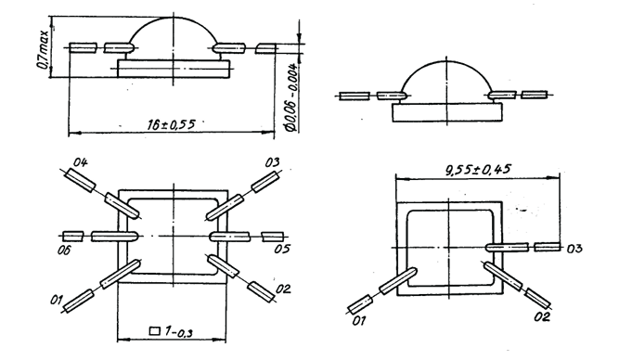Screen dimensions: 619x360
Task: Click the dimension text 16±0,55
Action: pos(172,124)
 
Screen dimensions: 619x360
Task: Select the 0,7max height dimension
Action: pos(43,48)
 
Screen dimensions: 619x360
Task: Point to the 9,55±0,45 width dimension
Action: pos(478,170)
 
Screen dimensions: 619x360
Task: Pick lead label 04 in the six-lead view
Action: pos(80,162)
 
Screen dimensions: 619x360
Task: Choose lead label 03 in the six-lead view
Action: pos(272,162)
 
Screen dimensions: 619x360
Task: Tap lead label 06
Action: pos(64,250)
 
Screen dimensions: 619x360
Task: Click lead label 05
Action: pos(283,249)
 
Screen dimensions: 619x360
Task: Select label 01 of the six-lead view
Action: pos(57,301)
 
